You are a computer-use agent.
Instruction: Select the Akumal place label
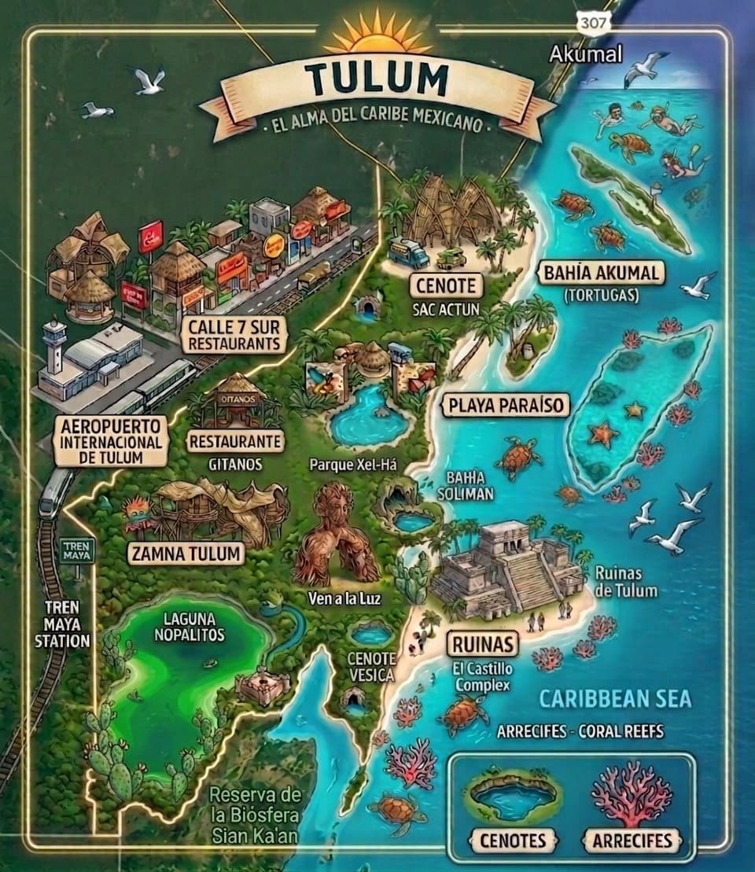(586, 54)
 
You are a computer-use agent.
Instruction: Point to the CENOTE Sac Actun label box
(446, 284)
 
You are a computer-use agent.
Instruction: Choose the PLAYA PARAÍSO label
(505, 406)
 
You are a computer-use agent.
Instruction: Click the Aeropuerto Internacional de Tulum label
(111, 441)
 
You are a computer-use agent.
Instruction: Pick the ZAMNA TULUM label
(186, 554)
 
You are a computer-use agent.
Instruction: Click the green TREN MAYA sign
(78, 550)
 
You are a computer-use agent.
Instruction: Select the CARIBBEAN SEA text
(604, 698)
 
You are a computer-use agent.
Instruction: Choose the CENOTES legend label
(512, 840)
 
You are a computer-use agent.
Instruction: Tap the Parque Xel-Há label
(352, 465)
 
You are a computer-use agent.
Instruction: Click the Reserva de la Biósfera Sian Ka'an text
(255, 814)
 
